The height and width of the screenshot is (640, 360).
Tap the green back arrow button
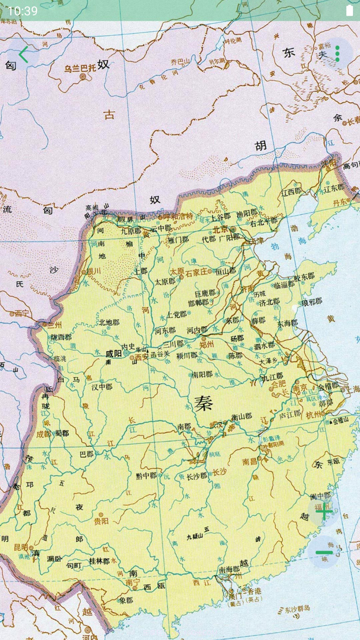tap(23, 55)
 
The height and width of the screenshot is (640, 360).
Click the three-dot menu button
tap(337, 54)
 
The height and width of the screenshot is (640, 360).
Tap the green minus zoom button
tap(324, 552)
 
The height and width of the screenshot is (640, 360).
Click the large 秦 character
tap(203, 404)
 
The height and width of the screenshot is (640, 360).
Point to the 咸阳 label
tap(113, 354)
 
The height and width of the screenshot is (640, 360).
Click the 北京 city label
tap(220, 229)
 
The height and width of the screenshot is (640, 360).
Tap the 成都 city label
tap(44, 434)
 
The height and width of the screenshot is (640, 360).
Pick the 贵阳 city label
tap(101, 521)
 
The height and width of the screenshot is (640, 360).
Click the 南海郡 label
tap(229, 570)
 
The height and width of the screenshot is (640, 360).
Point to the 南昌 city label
tap(250, 462)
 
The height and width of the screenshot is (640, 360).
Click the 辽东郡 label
tap(334, 188)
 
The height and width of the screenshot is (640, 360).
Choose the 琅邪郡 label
tap(312, 302)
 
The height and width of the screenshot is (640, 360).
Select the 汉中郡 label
tap(102, 387)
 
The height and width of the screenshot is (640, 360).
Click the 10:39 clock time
tap(22, 11)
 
